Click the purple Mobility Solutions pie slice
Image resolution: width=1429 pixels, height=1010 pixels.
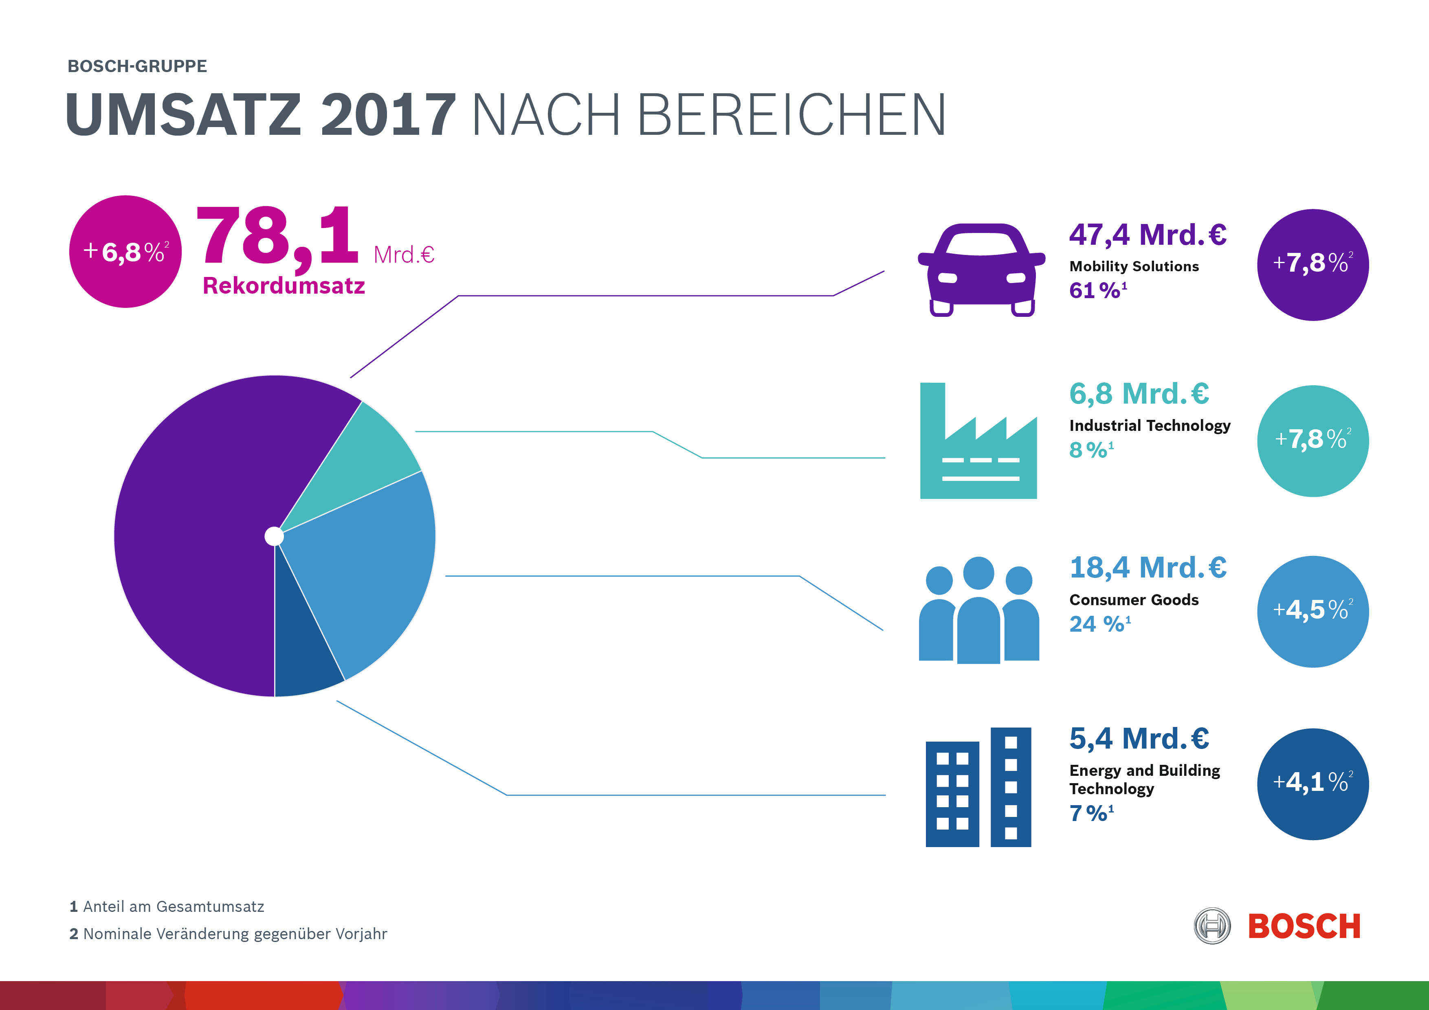click(x=199, y=529)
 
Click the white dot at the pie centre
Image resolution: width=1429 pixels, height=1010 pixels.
click(x=274, y=536)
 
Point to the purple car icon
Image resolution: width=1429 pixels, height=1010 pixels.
click(x=981, y=269)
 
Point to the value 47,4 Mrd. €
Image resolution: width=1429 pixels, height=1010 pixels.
click(x=1147, y=235)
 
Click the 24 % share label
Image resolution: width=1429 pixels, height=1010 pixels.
click(x=1099, y=624)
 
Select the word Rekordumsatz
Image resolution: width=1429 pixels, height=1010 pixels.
click(x=284, y=285)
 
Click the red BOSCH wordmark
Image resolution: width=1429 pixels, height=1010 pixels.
click(x=1304, y=926)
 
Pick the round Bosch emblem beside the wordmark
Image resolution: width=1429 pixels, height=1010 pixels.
click(x=1212, y=926)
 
